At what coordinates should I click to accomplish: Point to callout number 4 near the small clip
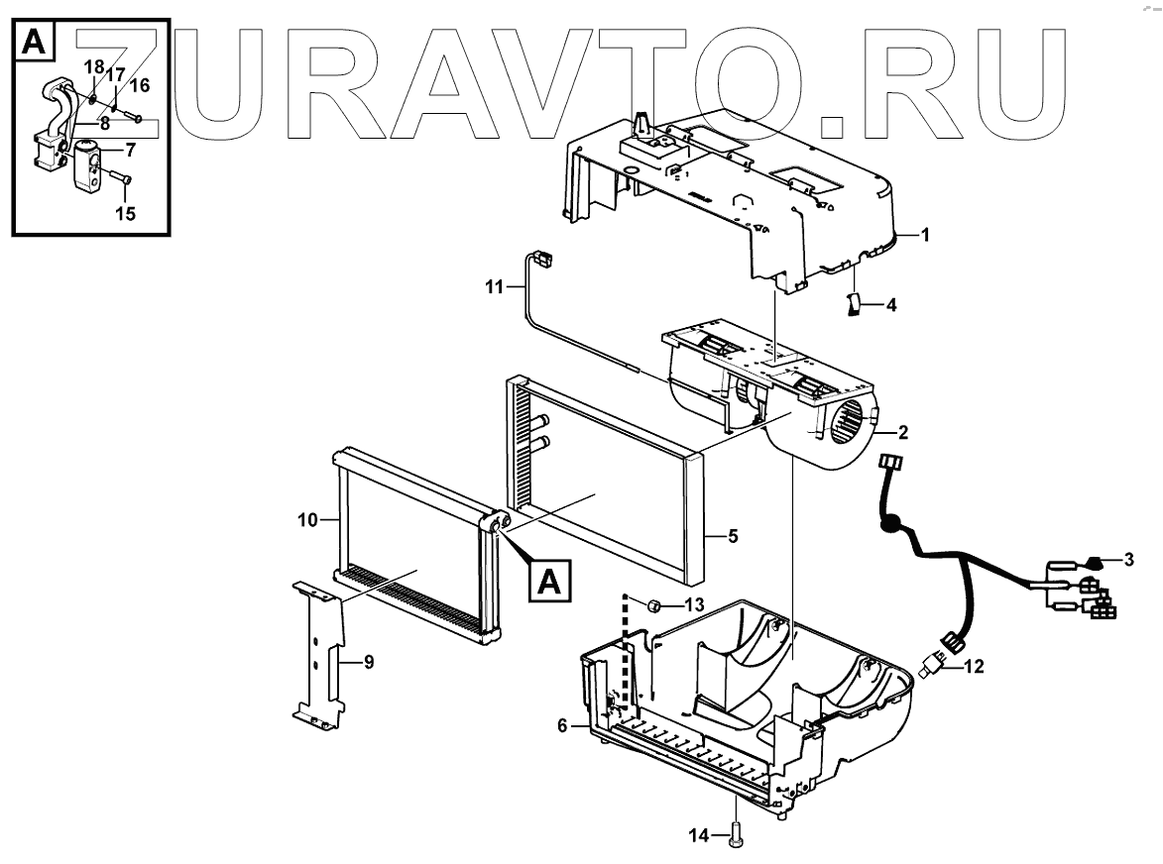coord(890,305)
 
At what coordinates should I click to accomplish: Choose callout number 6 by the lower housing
coord(562,725)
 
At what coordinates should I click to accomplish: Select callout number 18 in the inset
coord(92,66)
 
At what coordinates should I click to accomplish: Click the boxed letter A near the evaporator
coord(549,580)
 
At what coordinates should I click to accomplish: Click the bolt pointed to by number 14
coord(737,834)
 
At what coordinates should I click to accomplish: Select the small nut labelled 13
coord(655,605)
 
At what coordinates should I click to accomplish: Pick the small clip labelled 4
coord(853,305)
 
